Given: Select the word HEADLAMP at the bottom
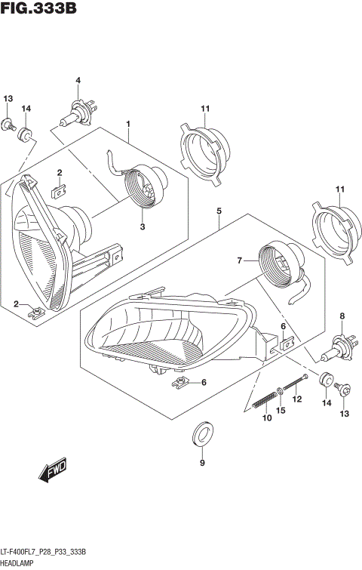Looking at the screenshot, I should (x=22, y=562).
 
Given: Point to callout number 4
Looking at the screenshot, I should (x=77, y=81).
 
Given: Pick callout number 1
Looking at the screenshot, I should (x=129, y=123).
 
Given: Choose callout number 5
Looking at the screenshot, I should (x=219, y=212).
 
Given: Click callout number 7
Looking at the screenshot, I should (x=240, y=260).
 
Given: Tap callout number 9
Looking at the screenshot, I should (x=202, y=463).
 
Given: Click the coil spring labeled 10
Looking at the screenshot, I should (x=265, y=399).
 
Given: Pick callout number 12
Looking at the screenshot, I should (x=296, y=399).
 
